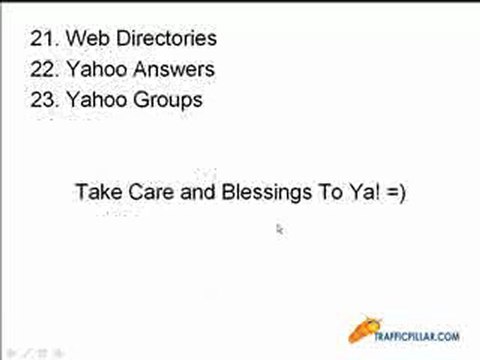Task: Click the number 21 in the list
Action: (43, 40)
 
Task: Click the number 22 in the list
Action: (43, 70)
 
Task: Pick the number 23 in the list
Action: (43, 100)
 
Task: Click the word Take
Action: (95, 192)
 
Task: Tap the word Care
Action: (147, 192)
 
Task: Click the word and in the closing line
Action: (191, 192)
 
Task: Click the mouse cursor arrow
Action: (280, 229)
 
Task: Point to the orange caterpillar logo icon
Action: (367, 328)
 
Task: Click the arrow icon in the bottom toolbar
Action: (9, 353)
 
